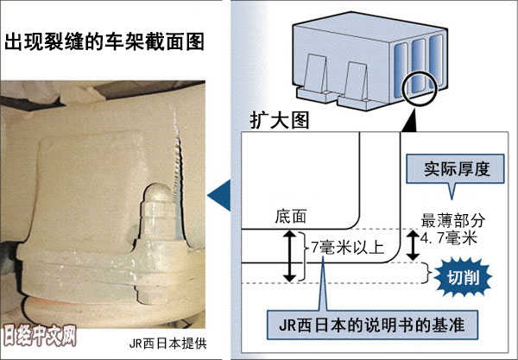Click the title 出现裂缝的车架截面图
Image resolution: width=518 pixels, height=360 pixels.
tap(108, 41)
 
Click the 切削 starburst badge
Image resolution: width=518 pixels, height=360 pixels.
tap(464, 276)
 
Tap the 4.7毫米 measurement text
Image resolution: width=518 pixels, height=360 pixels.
tap(449, 238)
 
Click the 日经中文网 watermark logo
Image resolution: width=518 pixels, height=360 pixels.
tap(40, 333)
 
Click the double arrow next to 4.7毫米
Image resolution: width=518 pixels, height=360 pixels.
tap(414, 245)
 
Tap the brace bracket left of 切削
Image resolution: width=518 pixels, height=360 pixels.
tap(426, 272)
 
